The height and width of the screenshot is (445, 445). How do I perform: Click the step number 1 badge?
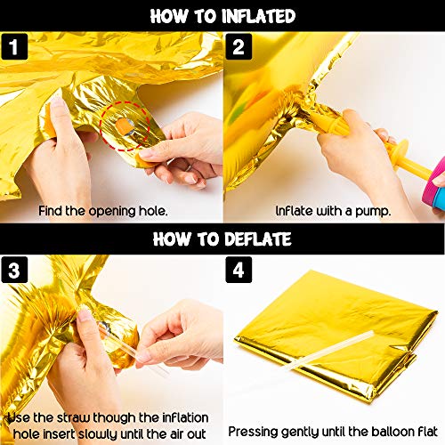[x=14, y=46]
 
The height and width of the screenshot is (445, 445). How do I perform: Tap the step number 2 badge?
[x=239, y=46]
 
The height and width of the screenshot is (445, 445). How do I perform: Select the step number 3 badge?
[x=14, y=270]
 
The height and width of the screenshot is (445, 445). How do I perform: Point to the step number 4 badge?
[x=239, y=270]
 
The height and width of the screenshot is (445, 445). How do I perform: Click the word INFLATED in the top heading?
[x=259, y=16]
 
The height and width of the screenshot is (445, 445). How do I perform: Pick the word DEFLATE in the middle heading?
[x=258, y=239]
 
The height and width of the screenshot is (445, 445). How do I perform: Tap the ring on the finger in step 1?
[x=189, y=166]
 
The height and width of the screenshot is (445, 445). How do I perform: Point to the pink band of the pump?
[x=433, y=182]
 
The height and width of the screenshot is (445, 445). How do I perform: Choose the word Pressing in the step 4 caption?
[x=253, y=432]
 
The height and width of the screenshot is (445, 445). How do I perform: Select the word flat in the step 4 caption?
[x=426, y=431]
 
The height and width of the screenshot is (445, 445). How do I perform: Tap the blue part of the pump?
[x=439, y=198]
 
